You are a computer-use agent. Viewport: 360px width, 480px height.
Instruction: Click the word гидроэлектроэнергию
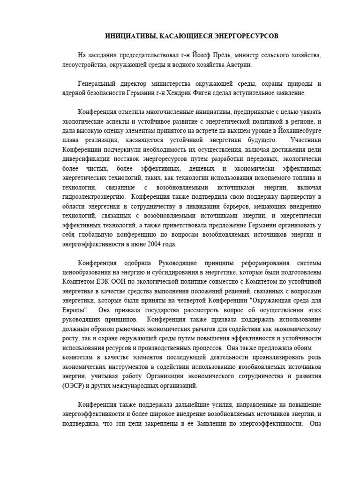click(94, 196)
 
